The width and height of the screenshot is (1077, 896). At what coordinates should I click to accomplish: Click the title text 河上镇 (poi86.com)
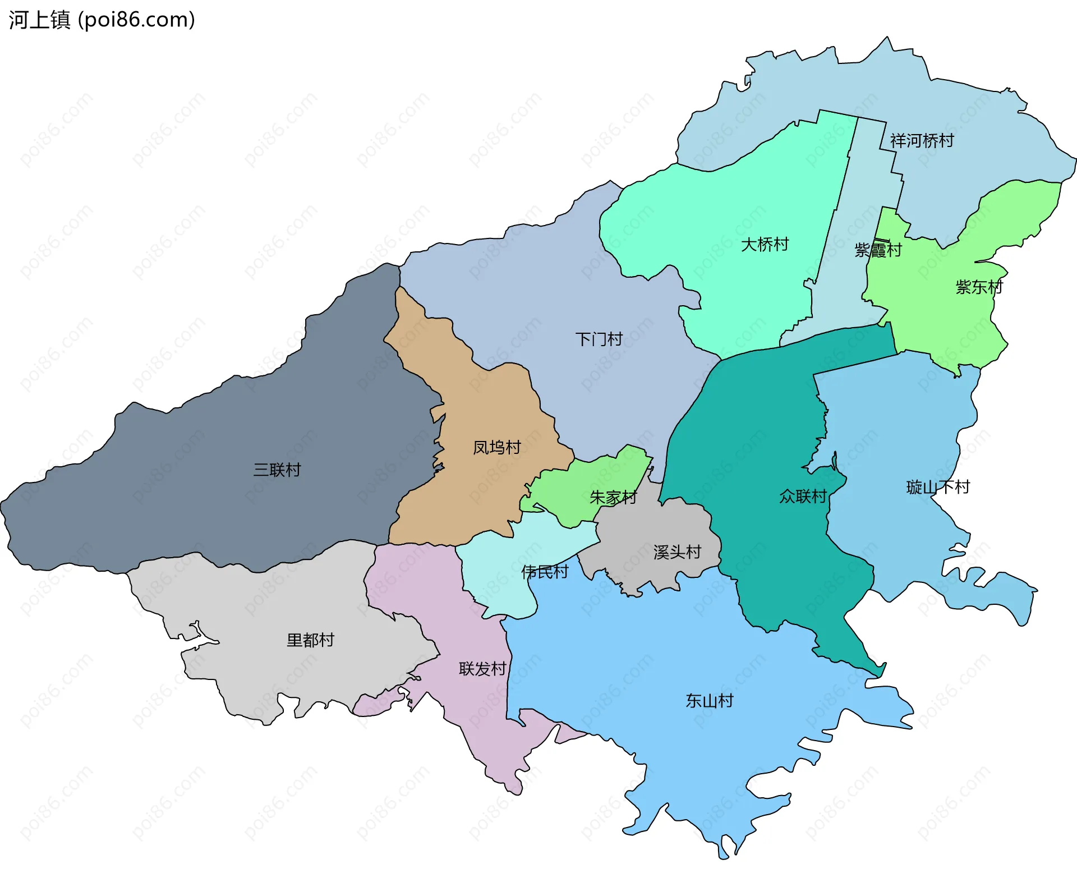pos(102,20)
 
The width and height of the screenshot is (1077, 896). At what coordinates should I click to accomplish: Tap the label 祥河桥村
pos(922,140)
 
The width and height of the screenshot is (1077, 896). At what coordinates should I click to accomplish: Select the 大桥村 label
pos(765,244)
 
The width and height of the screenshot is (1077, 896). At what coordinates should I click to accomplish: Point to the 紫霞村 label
pos(877,250)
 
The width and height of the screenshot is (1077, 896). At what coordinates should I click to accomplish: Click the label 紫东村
pos(979,287)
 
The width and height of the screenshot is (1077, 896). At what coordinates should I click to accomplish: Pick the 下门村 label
pos(599,339)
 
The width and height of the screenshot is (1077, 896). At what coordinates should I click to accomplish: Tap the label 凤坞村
pos(496,447)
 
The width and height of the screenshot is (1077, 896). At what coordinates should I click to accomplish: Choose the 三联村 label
pos(277,470)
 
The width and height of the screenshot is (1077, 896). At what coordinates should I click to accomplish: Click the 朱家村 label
pos(613,497)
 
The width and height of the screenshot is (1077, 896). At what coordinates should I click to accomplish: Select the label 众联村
pos(802,496)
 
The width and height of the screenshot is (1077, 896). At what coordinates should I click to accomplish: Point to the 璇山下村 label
pos(938,486)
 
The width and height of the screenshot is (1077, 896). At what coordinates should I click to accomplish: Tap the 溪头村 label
pos(677,552)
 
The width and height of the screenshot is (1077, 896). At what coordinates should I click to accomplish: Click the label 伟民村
pos(544,572)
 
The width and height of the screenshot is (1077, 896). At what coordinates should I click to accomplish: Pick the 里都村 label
pos(310,640)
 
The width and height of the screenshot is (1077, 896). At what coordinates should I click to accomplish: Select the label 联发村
pos(482,668)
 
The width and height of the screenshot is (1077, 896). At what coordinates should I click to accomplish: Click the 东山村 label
pos(709,700)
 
